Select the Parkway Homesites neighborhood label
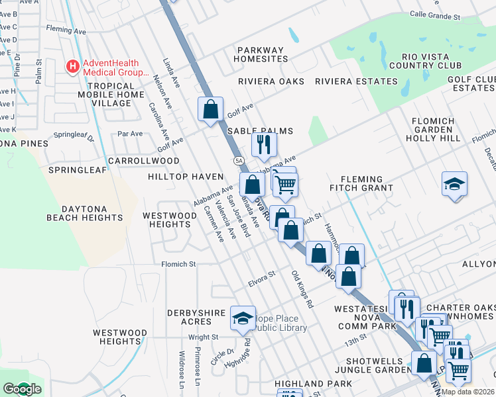tap(260, 54)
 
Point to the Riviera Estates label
tap(356, 81)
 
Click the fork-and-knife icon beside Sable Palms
tap(264, 144)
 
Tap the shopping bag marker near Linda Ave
tap(210, 109)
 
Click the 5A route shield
tap(238, 161)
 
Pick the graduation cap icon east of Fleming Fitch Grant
tap(455, 183)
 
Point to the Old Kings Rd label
tap(302, 290)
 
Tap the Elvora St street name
tap(261, 275)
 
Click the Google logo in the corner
tap(22, 389)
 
